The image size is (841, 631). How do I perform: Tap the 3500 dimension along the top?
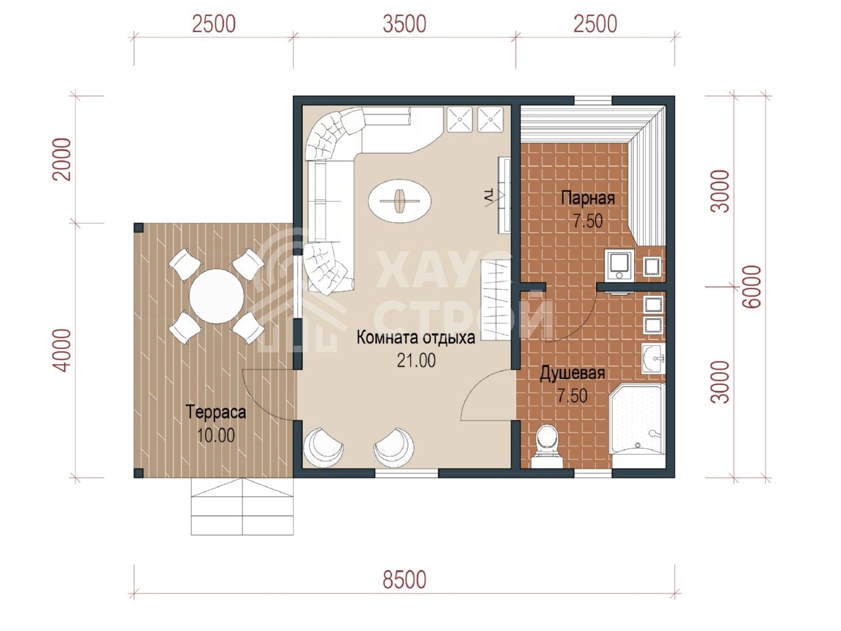click(404, 24)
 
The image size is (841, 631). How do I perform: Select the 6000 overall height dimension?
click(752, 286)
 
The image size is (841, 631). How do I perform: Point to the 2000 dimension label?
click(62, 159)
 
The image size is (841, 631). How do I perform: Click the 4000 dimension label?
click(62, 350)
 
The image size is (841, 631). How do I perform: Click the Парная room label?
click(588, 199)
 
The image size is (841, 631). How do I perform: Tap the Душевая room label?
click(572, 373)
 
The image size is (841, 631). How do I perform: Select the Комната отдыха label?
click(416, 338)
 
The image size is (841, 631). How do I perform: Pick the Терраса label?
click(216, 413)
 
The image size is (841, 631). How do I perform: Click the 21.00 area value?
click(416, 360)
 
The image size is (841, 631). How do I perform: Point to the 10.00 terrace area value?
click(216, 435)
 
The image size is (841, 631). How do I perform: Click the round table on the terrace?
click(216, 296)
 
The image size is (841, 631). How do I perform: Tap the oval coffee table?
click(399, 200)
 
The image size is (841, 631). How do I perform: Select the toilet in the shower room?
click(547, 446)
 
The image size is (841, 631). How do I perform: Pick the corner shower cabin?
click(637, 425)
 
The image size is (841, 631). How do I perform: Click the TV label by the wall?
click(488, 196)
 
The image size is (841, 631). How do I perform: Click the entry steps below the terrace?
click(242, 506)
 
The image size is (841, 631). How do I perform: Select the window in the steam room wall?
click(593, 100)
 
